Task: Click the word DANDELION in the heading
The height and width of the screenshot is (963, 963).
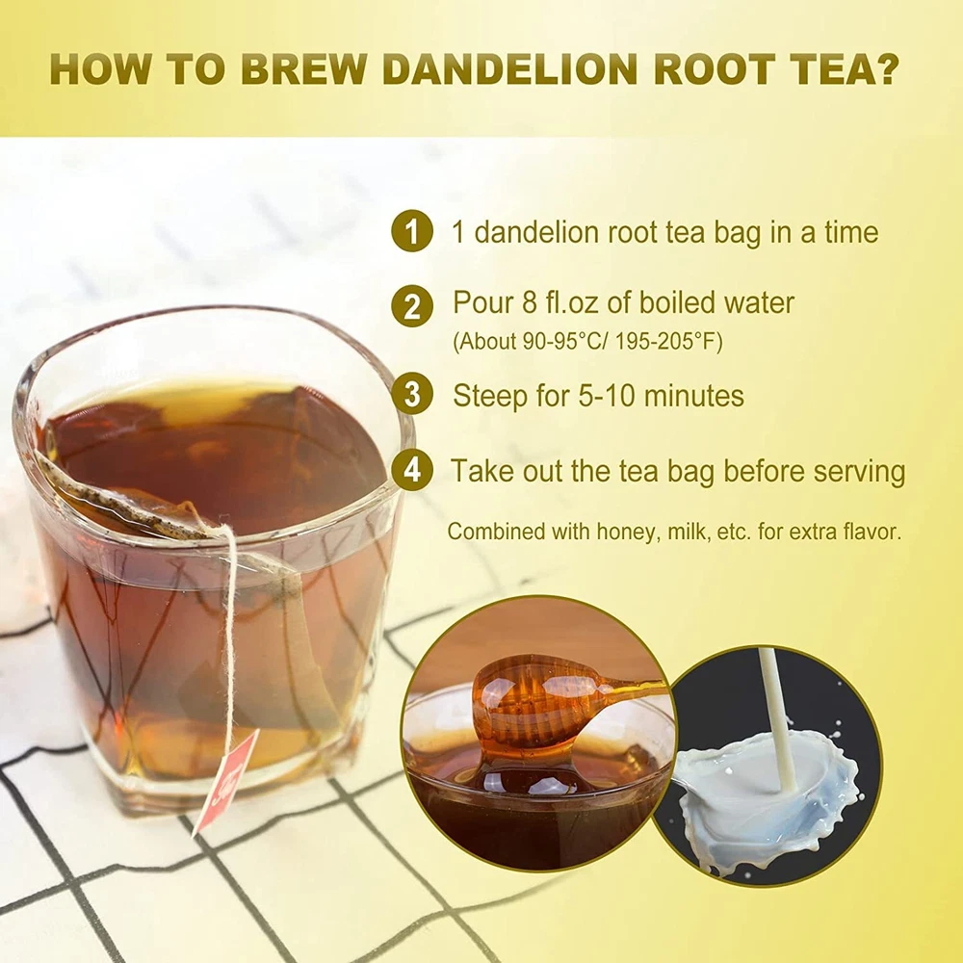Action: point(509,68)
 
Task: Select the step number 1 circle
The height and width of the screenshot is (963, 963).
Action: point(412,231)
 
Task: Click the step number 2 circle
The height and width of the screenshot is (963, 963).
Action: point(412,305)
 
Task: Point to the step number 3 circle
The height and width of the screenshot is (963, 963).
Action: point(412,394)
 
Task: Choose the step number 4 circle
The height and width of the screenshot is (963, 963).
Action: point(412,470)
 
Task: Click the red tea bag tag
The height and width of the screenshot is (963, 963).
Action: point(225,781)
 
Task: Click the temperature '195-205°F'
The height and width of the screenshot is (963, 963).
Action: point(669,341)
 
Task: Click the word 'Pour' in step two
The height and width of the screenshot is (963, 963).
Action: point(481,302)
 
